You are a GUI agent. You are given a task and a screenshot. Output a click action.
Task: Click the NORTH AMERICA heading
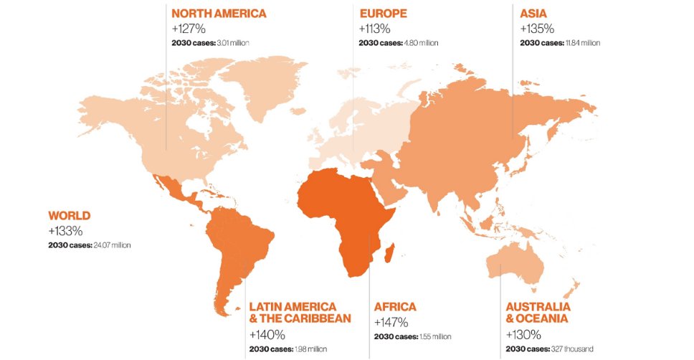pyautogui.click(x=218, y=13)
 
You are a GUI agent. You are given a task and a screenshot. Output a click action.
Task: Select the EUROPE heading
pyautogui.click(x=383, y=13)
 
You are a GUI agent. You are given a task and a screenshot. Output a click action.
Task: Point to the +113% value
pyautogui.click(x=374, y=29)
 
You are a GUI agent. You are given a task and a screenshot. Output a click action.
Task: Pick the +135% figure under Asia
pyautogui.click(x=536, y=29)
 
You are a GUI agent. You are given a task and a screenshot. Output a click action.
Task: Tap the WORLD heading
pyautogui.click(x=69, y=215)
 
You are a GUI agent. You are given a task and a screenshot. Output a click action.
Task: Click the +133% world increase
pyautogui.click(x=65, y=231)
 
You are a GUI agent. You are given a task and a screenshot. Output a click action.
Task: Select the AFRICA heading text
pyautogui.click(x=394, y=307)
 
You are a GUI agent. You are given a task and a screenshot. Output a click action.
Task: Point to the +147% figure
pyautogui.click(x=391, y=322)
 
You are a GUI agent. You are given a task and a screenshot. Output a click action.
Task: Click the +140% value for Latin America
pyautogui.click(x=267, y=334)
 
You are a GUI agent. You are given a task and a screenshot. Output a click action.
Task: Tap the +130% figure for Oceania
pyautogui.click(x=523, y=334)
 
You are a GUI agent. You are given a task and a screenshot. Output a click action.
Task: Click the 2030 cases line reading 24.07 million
pyautogui.click(x=90, y=245)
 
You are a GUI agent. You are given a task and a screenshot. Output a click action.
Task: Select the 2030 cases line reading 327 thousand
pyautogui.click(x=549, y=349)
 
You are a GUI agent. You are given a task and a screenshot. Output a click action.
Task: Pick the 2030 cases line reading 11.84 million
pyautogui.click(x=560, y=43)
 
